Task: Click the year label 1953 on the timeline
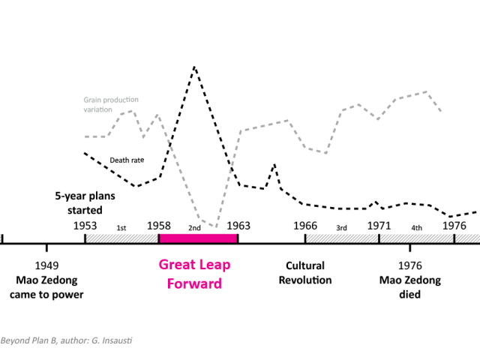(85, 225)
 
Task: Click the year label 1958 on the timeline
(159, 225)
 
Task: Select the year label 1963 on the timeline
(238, 225)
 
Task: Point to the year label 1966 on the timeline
(305, 225)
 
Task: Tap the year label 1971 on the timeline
(379, 225)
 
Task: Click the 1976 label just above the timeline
(454, 225)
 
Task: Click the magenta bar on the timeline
(198, 238)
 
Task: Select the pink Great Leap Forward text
(194, 274)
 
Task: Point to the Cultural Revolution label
(305, 272)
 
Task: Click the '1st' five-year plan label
(121, 227)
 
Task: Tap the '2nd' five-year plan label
(194, 227)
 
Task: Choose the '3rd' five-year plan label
(341, 227)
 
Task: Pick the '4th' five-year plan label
(416, 227)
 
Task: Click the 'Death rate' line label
(127, 160)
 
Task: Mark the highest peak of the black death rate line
(194, 67)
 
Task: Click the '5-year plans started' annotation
(79, 203)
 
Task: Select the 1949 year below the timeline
(46, 265)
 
